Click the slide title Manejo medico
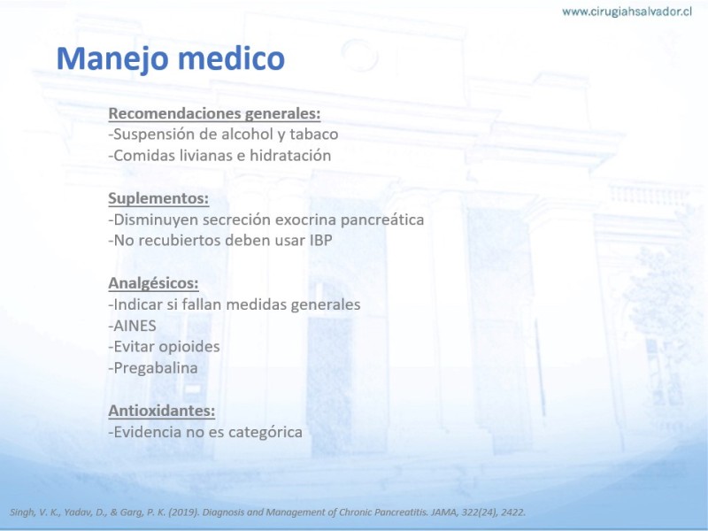(171, 58)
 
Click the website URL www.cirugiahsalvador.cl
(627, 12)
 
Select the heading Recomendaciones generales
(214, 113)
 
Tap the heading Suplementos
(158, 198)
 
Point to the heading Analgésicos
(153, 283)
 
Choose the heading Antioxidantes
(162, 411)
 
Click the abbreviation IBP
(320, 240)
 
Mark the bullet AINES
(132, 326)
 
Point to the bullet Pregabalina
(153, 368)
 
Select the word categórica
(265, 433)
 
